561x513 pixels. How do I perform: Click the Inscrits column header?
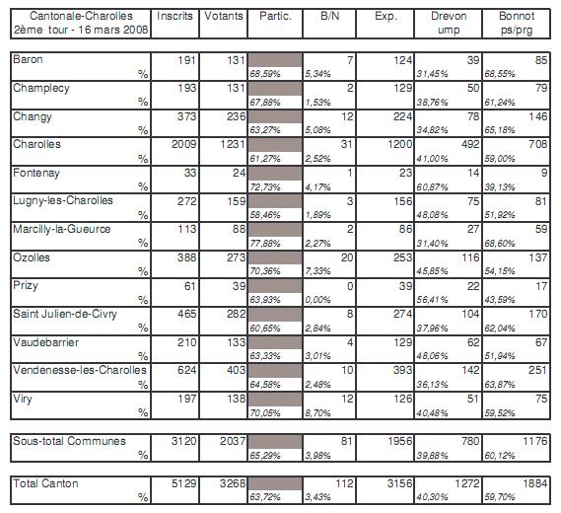(x=175, y=16)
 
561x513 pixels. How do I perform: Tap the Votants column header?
(x=224, y=16)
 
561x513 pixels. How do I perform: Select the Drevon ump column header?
(x=449, y=23)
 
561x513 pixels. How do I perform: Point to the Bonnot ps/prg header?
(x=517, y=23)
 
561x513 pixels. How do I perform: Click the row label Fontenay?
(x=36, y=174)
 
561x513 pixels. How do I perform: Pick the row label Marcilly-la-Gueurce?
(x=62, y=229)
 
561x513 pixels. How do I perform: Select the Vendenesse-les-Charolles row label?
(x=80, y=370)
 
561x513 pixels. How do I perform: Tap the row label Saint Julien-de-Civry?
(x=65, y=314)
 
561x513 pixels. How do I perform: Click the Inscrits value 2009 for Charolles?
(x=184, y=144)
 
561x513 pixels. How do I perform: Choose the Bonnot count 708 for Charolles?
(x=537, y=144)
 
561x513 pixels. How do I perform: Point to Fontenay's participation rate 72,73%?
(x=265, y=187)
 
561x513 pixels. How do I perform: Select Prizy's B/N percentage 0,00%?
(x=318, y=300)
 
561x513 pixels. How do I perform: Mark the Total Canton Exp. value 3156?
(x=399, y=483)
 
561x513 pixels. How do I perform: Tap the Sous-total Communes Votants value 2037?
(x=233, y=441)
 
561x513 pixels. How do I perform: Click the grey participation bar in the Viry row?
(x=275, y=399)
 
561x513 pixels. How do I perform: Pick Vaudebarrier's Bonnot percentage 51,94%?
(x=500, y=356)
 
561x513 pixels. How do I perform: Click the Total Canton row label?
(x=45, y=483)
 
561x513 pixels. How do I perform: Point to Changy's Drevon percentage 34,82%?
(x=432, y=130)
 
